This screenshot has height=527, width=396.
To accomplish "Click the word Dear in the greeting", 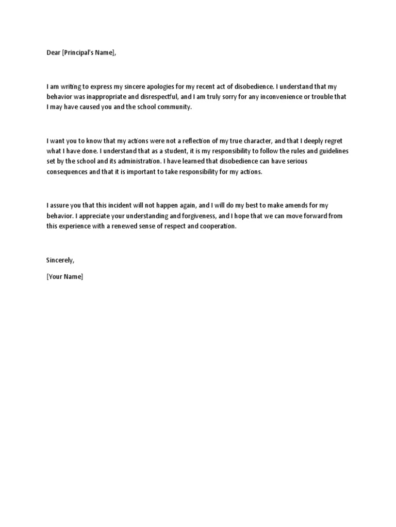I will coord(53,53).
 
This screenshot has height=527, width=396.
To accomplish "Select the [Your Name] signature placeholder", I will coord(64,277).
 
